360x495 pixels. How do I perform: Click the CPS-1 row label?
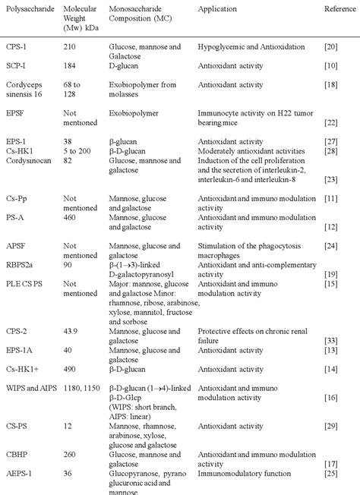(14, 46)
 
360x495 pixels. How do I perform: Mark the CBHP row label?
(14, 475)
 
